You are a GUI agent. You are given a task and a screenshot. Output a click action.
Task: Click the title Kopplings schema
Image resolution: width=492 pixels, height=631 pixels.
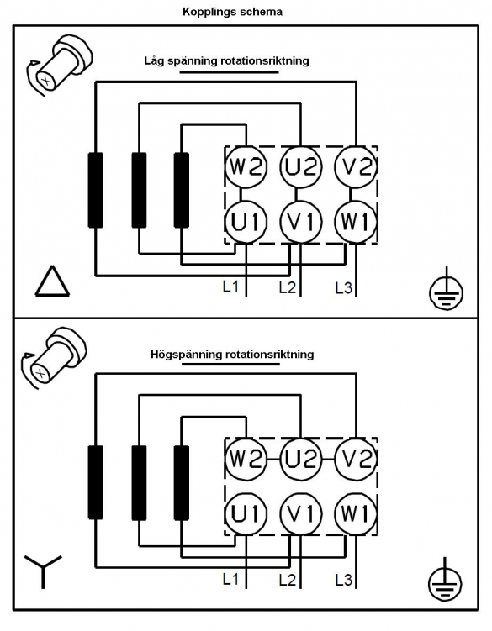pyautogui.click(x=232, y=12)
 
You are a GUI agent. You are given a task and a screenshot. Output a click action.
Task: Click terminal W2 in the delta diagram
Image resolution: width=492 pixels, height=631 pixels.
pyautogui.click(x=246, y=166)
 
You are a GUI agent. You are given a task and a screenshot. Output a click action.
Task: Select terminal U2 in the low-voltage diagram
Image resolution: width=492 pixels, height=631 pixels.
pyautogui.click(x=301, y=166)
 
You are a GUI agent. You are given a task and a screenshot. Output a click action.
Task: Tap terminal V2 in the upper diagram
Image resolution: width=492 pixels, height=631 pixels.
pyautogui.click(x=356, y=166)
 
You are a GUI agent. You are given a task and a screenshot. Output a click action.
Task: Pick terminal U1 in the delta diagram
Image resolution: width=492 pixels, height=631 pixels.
pyautogui.click(x=246, y=222)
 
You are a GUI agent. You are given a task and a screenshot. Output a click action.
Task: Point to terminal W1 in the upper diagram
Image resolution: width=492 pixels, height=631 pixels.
pyautogui.click(x=356, y=222)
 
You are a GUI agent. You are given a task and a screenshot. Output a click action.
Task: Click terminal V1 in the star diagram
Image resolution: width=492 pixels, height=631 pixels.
pyautogui.click(x=301, y=514)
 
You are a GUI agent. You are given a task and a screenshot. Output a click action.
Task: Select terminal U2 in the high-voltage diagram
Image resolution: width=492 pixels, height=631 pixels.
pyautogui.click(x=301, y=459)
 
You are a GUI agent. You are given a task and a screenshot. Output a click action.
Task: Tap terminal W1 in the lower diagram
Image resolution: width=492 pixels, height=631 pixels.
pyautogui.click(x=356, y=514)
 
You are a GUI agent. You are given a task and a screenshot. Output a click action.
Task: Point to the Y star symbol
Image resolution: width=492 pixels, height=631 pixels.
pyautogui.click(x=42, y=570)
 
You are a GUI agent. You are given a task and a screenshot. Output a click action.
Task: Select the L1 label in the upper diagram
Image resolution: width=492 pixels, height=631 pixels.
pyautogui.click(x=230, y=287)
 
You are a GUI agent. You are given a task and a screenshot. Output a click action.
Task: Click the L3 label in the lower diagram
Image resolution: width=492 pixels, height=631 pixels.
pyautogui.click(x=344, y=581)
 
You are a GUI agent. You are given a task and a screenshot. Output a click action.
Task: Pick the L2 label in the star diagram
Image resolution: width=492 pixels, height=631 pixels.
pyautogui.click(x=288, y=580)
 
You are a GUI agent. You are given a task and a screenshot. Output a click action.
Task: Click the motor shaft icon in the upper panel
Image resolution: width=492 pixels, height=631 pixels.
pyautogui.click(x=58, y=66)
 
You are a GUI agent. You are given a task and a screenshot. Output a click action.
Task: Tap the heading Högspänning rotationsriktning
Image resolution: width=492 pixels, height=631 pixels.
pyautogui.click(x=232, y=355)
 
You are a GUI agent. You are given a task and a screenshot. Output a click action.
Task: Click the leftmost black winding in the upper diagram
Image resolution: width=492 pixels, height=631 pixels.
pyautogui.click(x=96, y=191)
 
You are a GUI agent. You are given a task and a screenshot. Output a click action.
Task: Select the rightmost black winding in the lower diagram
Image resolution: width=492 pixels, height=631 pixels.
pyautogui.click(x=182, y=482)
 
